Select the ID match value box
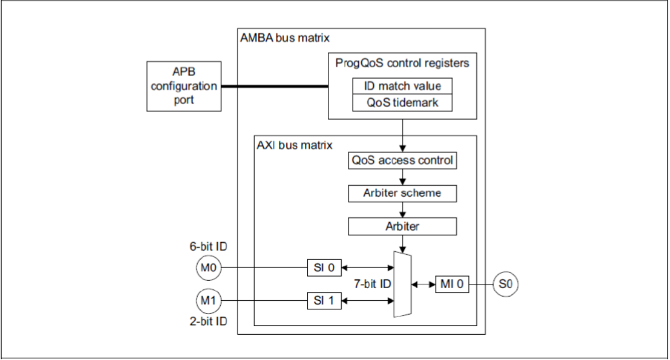click(402, 86)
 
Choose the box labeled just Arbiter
click(402, 227)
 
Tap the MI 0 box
click(451, 284)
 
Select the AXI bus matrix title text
click(294, 145)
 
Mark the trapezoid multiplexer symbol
click(401, 284)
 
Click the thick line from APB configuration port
click(273, 87)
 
